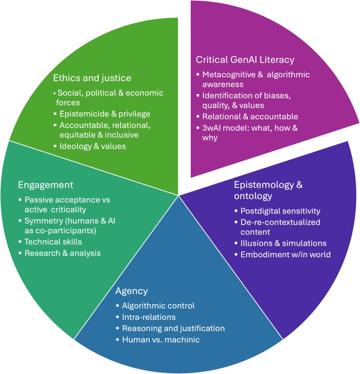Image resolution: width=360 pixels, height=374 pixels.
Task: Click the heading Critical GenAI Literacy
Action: coord(245,59)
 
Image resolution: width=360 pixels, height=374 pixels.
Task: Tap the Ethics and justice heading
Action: coord(92,78)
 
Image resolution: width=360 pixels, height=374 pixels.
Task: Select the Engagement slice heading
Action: coord(46,185)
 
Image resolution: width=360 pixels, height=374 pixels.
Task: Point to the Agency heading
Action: coord(132,291)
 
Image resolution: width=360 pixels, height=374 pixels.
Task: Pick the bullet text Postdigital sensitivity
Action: coord(280,211)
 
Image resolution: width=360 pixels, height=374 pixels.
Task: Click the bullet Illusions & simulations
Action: coord(283,243)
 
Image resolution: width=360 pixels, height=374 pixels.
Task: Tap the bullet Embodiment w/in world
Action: coord(286,254)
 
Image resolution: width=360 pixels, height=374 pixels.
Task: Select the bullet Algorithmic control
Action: coord(158,306)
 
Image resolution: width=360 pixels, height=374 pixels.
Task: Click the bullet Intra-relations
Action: coord(149,317)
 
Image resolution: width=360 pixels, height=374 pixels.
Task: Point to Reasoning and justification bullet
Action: coord(173,328)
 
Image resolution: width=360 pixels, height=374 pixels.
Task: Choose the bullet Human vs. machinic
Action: coord(161,340)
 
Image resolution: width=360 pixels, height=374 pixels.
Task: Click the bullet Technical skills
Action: coord(53,242)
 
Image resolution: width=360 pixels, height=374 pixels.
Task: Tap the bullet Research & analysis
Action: coord(62,253)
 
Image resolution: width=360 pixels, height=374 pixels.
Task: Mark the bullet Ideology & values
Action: coord(92,146)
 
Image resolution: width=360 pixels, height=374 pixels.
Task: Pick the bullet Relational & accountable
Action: coord(250,116)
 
